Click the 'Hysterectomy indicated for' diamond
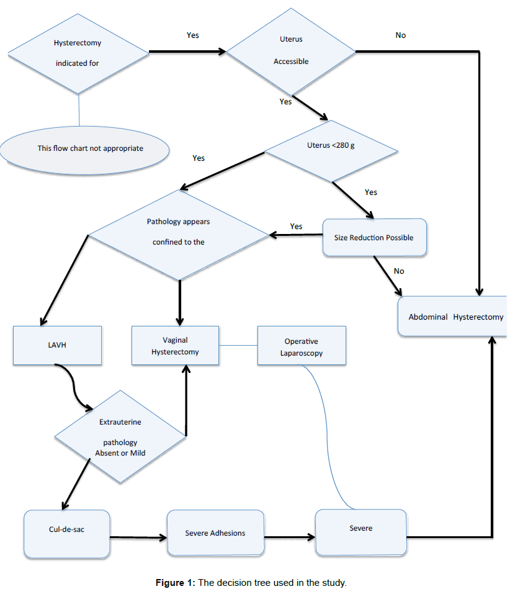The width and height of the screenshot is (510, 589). [78, 53]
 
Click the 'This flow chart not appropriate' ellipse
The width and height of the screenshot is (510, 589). [85, 148]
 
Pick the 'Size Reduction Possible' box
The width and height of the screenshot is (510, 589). [375, 237]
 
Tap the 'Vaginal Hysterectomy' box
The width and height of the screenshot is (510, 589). [175, 345]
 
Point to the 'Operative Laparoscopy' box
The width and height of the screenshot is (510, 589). [301, 346]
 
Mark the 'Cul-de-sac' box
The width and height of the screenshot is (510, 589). [66, 532]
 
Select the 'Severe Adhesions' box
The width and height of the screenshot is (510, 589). [215, 533]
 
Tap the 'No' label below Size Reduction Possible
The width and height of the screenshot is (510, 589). [399, 271]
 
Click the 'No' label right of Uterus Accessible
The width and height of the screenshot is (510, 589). [401, 35]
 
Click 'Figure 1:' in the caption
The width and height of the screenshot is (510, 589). [176, 582]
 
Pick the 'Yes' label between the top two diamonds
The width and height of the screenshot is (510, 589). [193, 35]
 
